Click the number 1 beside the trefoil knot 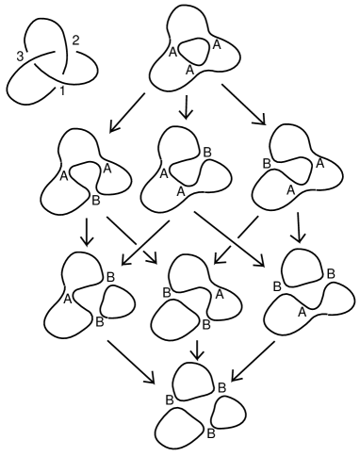coord(63,90)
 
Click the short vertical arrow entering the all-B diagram coord(197,350)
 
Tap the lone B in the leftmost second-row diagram coord(95,202)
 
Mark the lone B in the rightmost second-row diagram coord(267,163)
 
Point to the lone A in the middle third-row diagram coord(219,293)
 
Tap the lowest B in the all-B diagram coord(211,434)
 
